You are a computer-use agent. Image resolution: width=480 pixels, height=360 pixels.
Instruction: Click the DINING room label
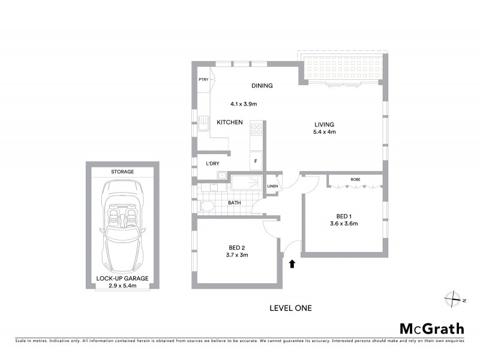pyautogui.click(x=262, y=86)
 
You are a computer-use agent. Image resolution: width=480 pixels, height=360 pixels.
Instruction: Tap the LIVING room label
pyautogui.click(x=324, y=125)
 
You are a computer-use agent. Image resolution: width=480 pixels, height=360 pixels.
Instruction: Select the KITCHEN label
pyautogui.click(x=229, y=122)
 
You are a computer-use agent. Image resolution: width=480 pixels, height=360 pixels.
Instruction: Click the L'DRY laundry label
pyautogui.click(x=212, y=164)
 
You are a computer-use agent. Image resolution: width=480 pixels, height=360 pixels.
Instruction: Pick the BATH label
pyautogui.click(x=234, y=203)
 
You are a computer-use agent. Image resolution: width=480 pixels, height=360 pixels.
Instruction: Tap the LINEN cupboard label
pyautogui.click(x=272, y=186)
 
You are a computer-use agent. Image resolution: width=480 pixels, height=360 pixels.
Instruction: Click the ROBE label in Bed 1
pyautogui.click(x=355, y=179)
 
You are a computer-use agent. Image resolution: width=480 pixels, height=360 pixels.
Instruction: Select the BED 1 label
pyautogui.click(x=344, y=217)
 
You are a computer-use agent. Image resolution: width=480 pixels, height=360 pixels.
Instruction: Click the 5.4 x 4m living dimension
pyautogui.click(x=325, y=132)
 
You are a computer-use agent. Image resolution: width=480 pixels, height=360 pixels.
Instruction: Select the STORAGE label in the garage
pyautogui.click(x=122, y=172)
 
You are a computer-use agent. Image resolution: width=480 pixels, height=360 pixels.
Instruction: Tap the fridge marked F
pyautogui.click(x=256, y=161)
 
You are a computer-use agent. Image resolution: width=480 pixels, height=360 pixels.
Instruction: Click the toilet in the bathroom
pyautogui.click(x=208, y=206)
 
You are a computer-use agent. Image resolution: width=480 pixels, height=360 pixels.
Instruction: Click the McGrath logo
pyautogui.click(x=431, y=328)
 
